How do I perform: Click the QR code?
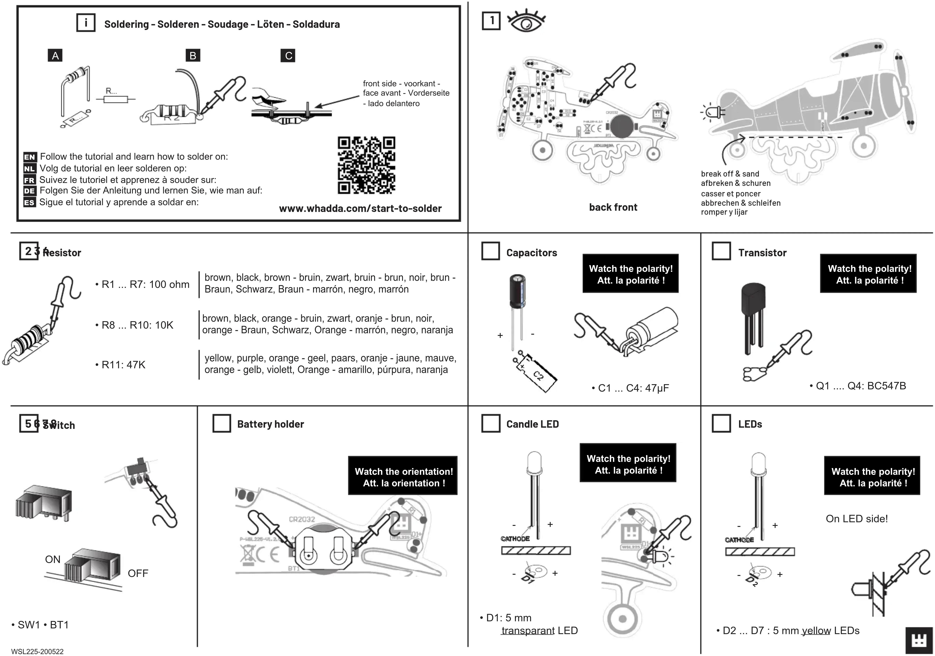coord(366,165)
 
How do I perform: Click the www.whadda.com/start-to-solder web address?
coord(360,209)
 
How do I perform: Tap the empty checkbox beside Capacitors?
coord(490,251)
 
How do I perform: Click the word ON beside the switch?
coord(53,559)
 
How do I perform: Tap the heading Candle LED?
coord(532,424)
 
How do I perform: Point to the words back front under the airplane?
coord(613,207)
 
